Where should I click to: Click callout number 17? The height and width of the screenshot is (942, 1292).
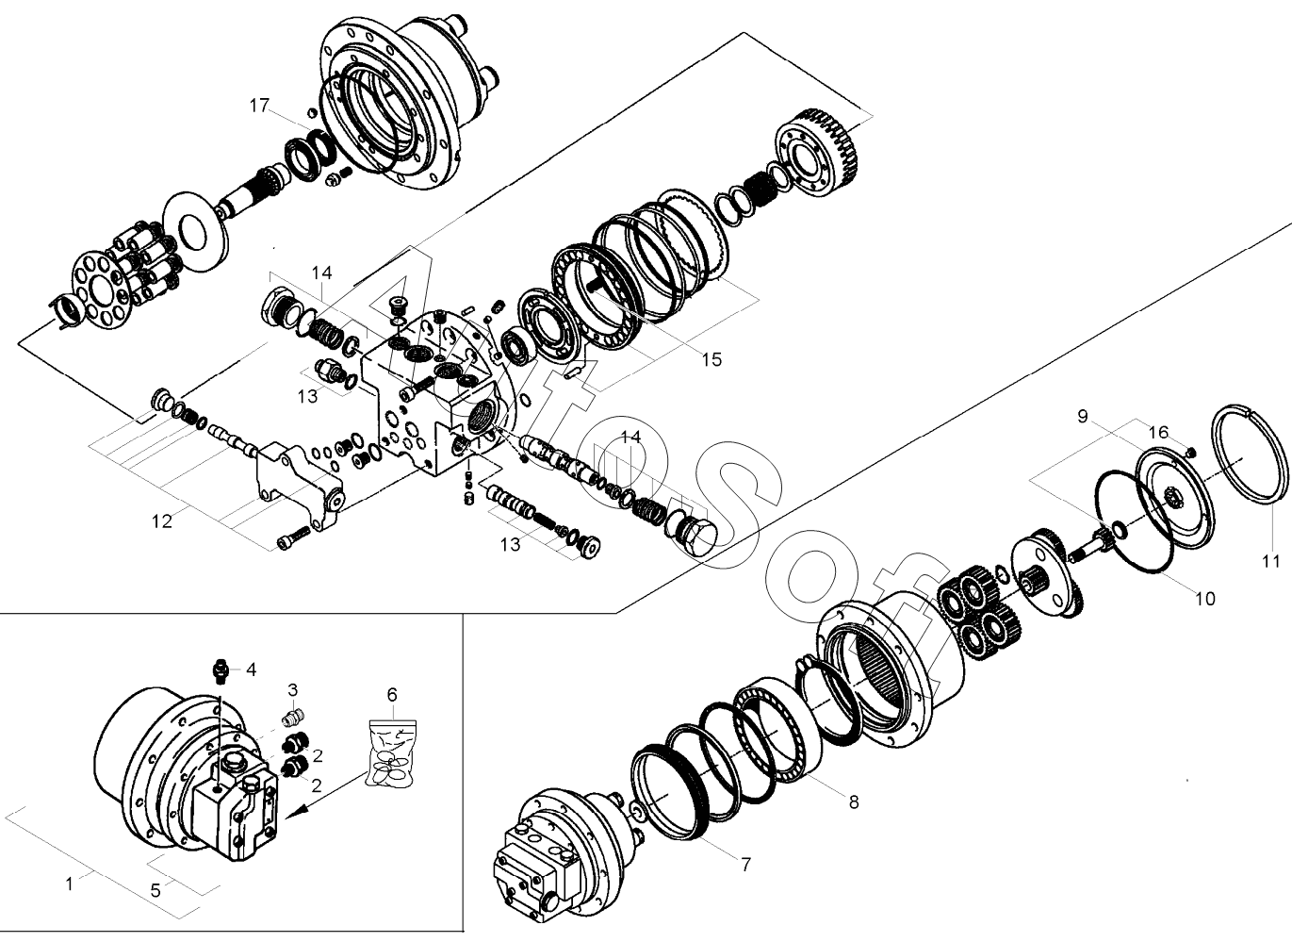click(x=259, y=105)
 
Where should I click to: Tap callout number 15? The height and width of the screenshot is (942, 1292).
click(x=711, y=359)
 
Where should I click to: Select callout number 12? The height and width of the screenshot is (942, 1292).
click(x=162, y=521)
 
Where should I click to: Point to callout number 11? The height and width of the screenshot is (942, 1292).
click(x=1271, y=561)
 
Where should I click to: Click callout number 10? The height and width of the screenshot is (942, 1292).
click(x=1204, y=598)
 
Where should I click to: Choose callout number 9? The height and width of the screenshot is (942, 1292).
click(x=1082, y=416)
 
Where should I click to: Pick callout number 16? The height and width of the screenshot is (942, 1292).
click(x=1158, y=432)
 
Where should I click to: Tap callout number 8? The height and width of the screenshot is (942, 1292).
click(x=854, y=802)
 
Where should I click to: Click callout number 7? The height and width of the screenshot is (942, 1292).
click(x=745, y=864)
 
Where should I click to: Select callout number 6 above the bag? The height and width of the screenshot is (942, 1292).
click(x=392, y=695)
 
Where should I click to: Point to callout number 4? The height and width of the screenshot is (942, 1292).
click(x=251, y=670)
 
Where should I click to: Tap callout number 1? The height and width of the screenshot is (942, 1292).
click(x=69, y=884)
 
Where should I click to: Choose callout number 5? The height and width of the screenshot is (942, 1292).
click(x=156, y=889)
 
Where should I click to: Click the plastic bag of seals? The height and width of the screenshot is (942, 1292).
click(x=392, y=754)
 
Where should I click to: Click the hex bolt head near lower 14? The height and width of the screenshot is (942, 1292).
click(x=695, y=535)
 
